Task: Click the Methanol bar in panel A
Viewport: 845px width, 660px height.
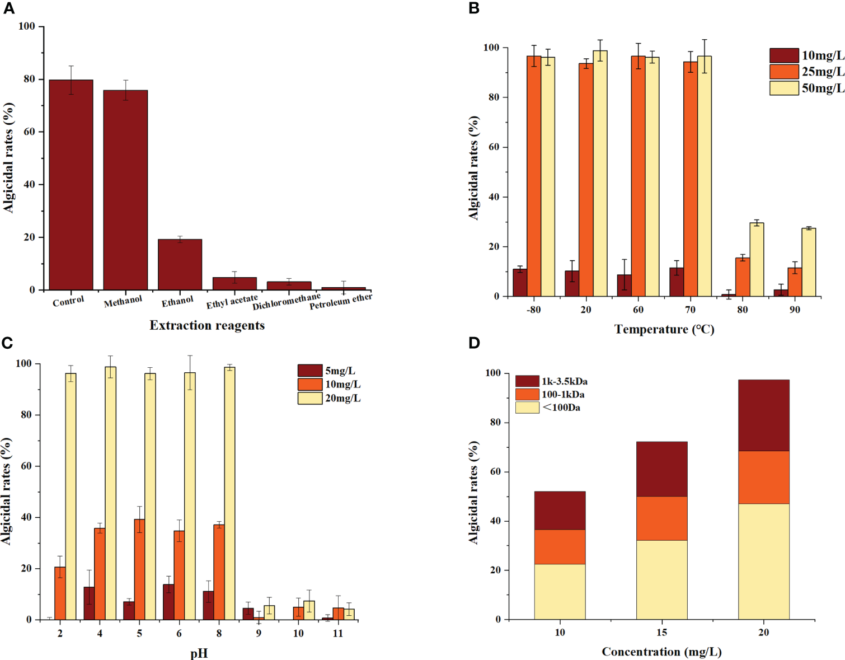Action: coord(125,190)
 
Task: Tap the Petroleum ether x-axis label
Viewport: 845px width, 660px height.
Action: coord(341,301)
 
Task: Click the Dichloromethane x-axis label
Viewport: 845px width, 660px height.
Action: coord(287,302)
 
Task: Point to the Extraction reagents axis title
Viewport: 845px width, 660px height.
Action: coord(207,326)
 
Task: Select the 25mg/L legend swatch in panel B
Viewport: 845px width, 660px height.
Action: coord(783,72)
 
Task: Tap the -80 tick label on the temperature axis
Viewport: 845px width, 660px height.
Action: coord(533,310)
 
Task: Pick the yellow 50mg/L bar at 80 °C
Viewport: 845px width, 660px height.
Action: coord(757,260)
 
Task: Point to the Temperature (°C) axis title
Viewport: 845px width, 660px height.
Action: coord(664,329)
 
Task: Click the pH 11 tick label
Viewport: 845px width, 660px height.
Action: coord(337,634)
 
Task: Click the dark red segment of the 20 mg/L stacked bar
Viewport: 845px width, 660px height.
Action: coord(763,415)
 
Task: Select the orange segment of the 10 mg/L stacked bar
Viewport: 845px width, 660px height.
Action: coord(560,547)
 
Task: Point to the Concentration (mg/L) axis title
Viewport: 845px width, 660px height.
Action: coord(661,652)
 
